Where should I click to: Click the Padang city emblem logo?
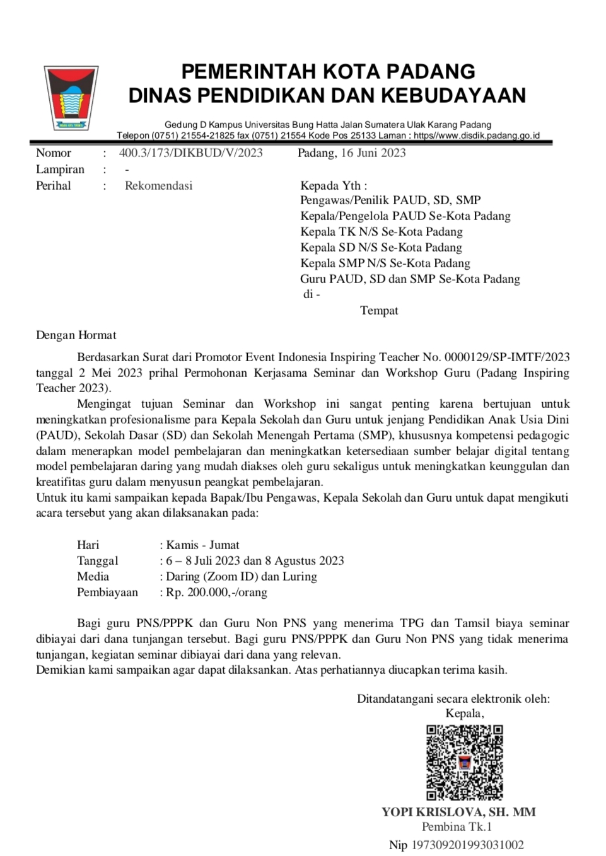click(71, 98)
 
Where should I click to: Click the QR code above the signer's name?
click(464, 762)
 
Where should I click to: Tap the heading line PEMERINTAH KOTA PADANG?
click(328, 71)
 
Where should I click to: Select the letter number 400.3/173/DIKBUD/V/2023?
click(190, 153)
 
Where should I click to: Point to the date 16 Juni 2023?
click(373, 153)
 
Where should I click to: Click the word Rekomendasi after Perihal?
click(158, 185)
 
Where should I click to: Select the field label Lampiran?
click(60, 169)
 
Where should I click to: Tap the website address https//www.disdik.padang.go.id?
click(477, 136)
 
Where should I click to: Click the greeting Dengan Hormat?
click(76, 335)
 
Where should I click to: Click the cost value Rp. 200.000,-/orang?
click(216, 592)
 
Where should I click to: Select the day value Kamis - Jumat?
click(202, 545)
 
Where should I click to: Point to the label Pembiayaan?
click(107, 592)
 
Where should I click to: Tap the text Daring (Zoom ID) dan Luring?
click(242, 576)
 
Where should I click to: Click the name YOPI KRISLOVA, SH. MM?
click(458, 812)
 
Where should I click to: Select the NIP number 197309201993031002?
click(467, 845)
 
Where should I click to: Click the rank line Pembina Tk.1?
click(457, 826)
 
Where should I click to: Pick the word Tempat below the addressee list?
click(379, 310)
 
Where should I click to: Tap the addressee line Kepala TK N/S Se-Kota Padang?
click(381, 231)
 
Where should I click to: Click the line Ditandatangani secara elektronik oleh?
click(453, 698)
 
